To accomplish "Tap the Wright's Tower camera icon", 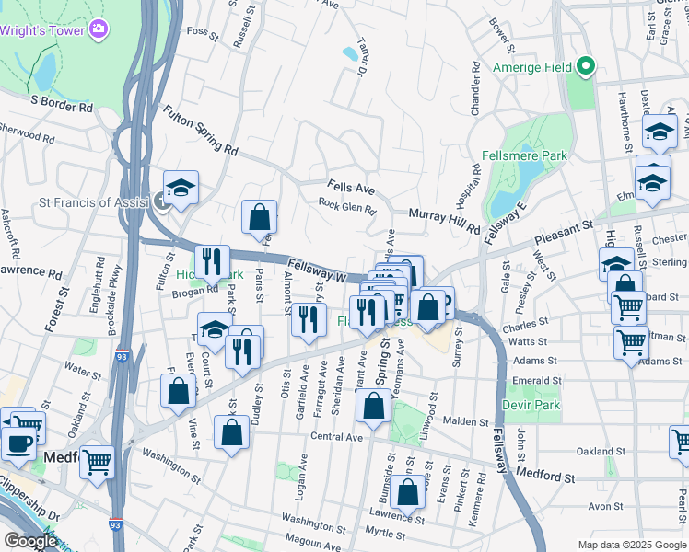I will [99, 30].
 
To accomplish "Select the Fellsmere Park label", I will [524, 156].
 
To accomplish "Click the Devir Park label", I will [531, 404].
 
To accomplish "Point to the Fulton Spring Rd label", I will [200, 130].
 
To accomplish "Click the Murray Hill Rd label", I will [445, 220].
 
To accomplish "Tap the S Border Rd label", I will [62, 106].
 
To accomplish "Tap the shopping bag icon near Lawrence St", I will [407, 494].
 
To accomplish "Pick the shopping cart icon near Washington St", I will [96, 461].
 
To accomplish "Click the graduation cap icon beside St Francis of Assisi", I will [181, 188].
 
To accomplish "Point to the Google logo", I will [29, 541].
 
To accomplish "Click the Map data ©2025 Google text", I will [631, 545].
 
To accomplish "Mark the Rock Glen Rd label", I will [347, 207].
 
